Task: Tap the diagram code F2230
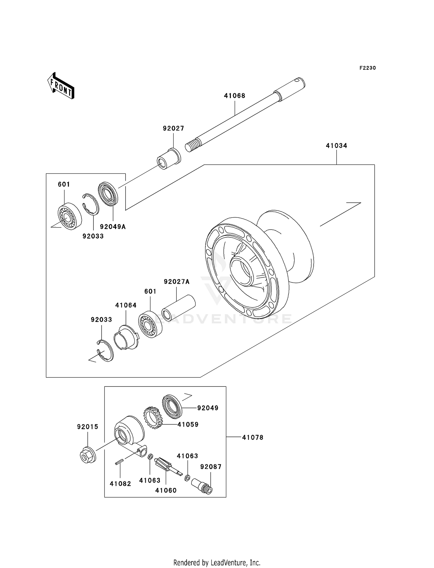(367, 68)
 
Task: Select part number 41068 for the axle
(234, 96)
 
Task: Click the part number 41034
(336, 146)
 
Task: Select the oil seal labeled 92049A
(108, 194)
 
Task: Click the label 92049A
(113, 227)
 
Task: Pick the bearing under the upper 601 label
(69, 216)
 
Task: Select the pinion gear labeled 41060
(164, 465)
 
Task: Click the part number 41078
(253, 437)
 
